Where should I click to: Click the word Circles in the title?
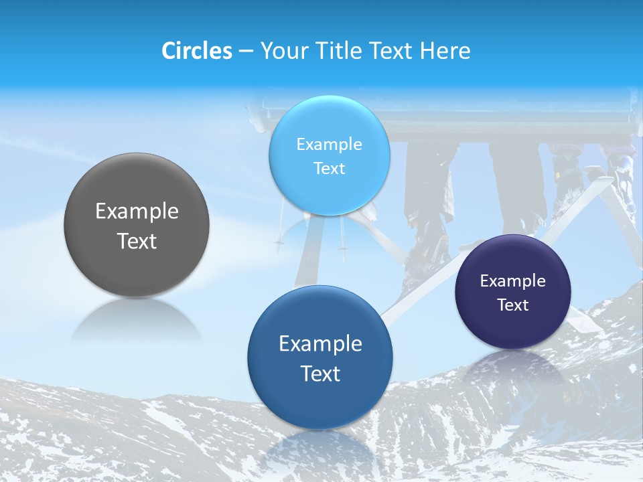point(197,51)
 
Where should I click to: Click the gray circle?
point(137,264)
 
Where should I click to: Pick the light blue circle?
point(329,194)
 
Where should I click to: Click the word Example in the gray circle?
point(137,212)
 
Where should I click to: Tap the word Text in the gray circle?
point(137,242)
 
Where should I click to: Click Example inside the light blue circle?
point(329,144)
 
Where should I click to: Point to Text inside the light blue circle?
point(329,169)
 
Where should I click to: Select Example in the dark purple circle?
point(512,280)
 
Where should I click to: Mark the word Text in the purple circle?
point(512,305)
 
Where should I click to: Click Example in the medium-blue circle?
point(320,343)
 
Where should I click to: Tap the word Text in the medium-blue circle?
point(320,374)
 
